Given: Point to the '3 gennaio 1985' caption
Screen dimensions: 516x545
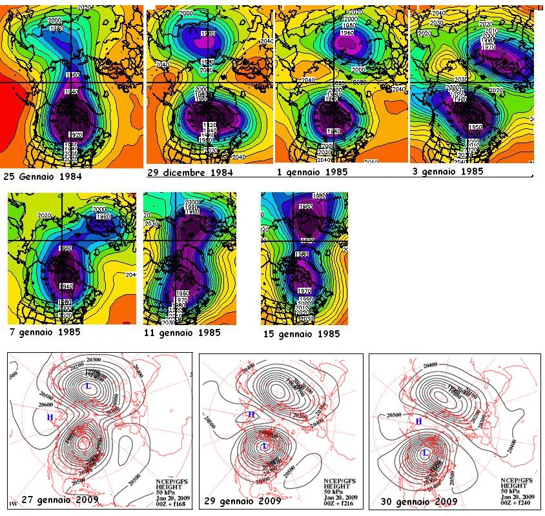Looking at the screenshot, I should (x=447, y=172).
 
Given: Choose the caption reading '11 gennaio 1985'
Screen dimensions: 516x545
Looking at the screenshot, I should (x=182, y=333).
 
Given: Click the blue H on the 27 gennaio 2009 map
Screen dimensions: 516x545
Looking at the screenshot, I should (x=49, y=417).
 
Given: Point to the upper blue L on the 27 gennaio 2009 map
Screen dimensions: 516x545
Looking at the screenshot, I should (x=88, y=386).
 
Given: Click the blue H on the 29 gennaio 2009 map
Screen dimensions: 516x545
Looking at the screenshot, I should (x=251, y=415).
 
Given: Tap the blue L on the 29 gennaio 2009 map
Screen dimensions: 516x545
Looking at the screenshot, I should (x=265, y=446).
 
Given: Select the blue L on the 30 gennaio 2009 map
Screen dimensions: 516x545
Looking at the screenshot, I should (x=425, y=453).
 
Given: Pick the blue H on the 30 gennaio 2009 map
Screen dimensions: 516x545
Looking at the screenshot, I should (x=418, y=421).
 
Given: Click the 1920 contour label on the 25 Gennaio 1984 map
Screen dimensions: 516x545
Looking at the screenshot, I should (x=75, y=134).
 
